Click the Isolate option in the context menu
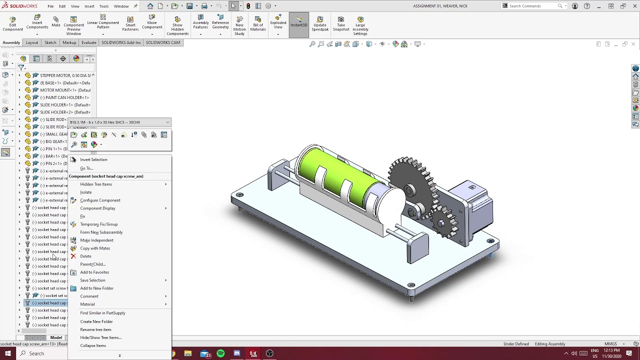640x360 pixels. tap(86, 192)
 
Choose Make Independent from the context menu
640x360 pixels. tap(96, 240)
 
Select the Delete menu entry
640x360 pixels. tap(85, 256)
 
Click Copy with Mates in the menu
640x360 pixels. tap(95, 248)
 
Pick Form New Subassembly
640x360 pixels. tap(101, 232)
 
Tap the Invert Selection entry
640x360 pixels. tap(93, 159)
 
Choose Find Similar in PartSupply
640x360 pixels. tap(102, 313)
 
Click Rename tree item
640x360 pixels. tap(95, 329)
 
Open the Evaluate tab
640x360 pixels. tap(88, 42)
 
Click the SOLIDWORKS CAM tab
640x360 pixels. tap(162, 42)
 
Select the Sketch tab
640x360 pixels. tap(50, 42)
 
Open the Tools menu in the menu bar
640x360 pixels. tap(104, 6)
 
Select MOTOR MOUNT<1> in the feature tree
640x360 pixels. tap(65, 90)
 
